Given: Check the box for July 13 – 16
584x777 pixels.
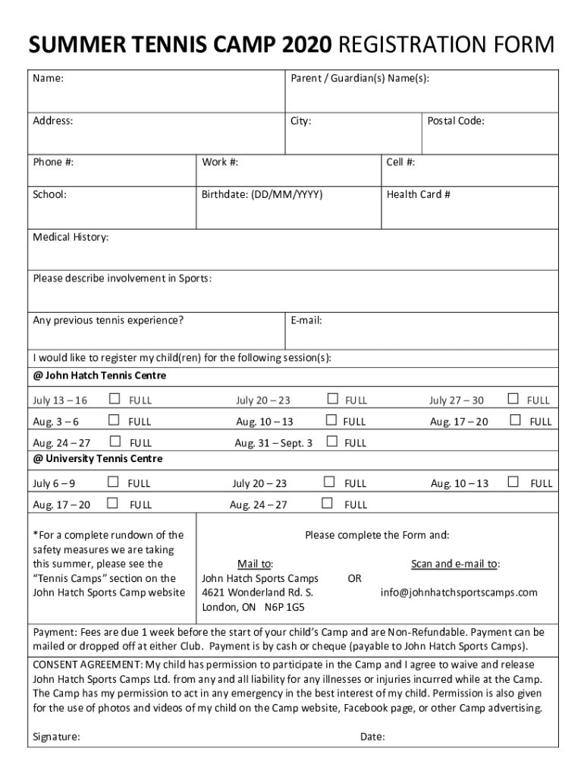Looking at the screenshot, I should point(114,399).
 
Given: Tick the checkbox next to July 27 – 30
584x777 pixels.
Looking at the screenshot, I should point(513,399).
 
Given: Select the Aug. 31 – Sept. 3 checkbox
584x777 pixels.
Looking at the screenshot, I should point(331,442).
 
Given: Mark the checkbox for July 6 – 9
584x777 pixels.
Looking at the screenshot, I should point(113,482).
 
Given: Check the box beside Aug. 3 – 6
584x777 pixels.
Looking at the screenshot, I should point(114,420).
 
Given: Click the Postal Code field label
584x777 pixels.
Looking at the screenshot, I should point(455,121).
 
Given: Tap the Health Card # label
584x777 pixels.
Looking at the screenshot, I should point(418,194).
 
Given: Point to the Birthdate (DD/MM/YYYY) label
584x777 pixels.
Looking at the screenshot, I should point(262,194).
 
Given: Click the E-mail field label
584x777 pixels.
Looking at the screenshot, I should point(306,320).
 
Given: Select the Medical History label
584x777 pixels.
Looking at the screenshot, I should point(71,238).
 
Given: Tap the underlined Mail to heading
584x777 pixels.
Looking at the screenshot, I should point(255,564).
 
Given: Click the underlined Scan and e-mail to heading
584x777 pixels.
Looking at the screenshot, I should point(455,564).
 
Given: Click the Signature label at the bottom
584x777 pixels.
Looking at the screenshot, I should point(57,737).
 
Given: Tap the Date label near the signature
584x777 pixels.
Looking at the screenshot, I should point(372,737).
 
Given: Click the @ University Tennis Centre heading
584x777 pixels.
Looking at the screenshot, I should point(98,459).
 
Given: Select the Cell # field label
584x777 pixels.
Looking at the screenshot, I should point(400,162).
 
